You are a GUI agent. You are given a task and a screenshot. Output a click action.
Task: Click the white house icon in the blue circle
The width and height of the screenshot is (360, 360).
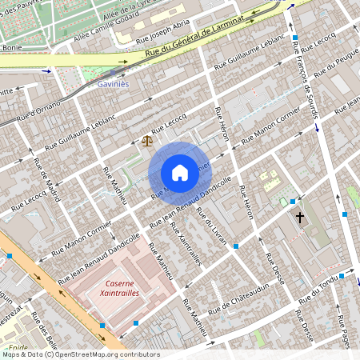[180, 173]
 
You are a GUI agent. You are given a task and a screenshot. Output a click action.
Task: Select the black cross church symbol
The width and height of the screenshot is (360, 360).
[300, 217]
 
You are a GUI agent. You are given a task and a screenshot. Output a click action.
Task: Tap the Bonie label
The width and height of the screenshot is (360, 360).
[11, 48]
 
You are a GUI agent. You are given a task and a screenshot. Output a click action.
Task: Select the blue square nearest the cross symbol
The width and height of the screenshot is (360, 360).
[293, 201]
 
